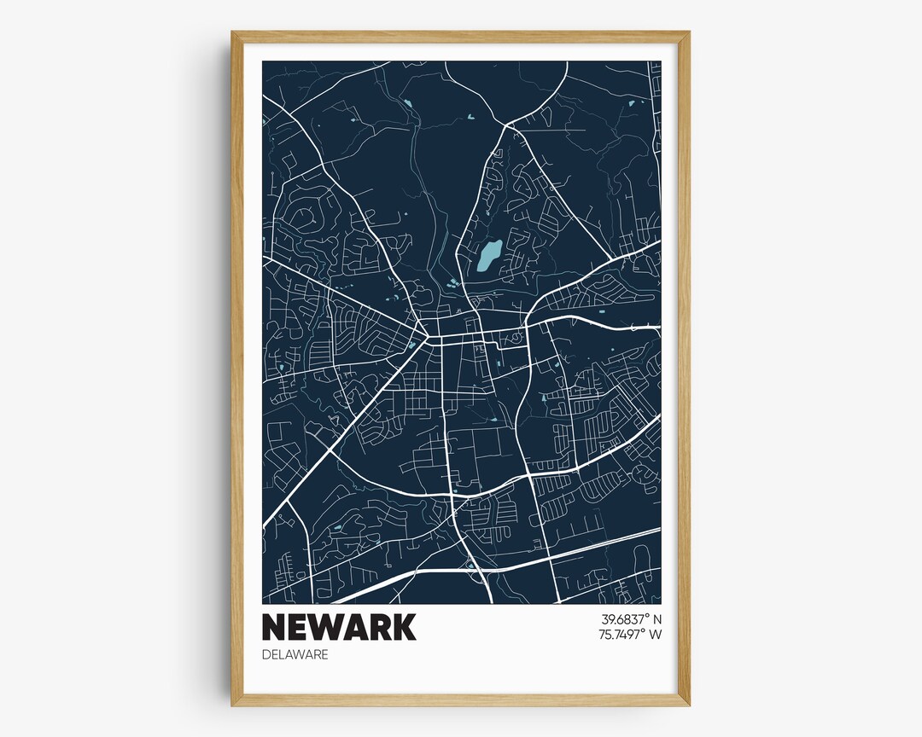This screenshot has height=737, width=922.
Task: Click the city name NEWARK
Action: tap(339, 627)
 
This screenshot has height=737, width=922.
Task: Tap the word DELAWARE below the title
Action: tap(295, 655)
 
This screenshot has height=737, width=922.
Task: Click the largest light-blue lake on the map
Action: tap(487, 255)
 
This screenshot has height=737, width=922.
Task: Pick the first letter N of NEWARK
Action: tap(275, 627)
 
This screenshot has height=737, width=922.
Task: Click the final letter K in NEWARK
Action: tap(404, 627)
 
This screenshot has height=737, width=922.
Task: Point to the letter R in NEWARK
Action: tap(381, 627)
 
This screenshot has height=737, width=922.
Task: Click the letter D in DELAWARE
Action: tap(266, 655)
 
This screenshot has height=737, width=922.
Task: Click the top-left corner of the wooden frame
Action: tap(233, 33)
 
